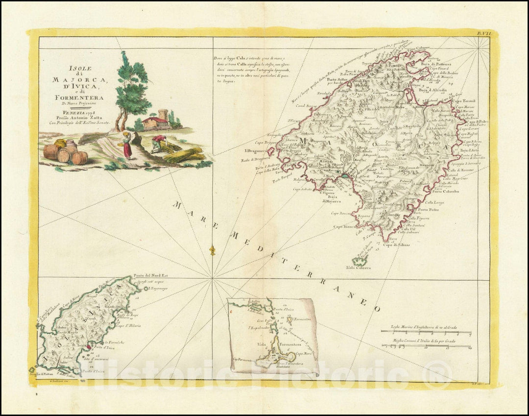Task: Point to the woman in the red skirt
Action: (x=127, y=146)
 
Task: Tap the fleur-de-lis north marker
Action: (x=212, y=250)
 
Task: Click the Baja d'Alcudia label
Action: (x=432, y=90)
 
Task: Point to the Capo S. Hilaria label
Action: (x=128, y=325)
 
